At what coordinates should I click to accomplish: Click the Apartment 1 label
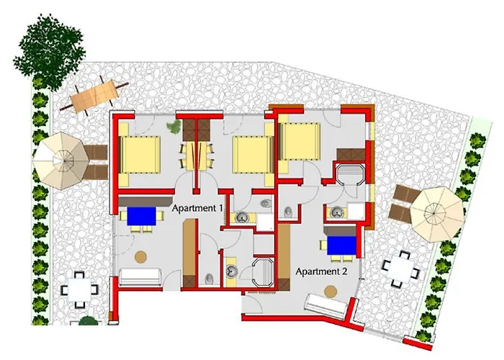(x=197, y=208)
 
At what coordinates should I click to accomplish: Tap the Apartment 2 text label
(x=321, y=271)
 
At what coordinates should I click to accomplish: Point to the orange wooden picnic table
(x=95, y=94)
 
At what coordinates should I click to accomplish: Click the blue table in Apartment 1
(x=141, y=216)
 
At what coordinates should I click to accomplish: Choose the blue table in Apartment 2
(x=342, y=246)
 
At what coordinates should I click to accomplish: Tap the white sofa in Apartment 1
(x=140, y=276)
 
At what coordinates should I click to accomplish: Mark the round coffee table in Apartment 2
(x=330, y=292)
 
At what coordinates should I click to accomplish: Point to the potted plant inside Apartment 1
(x=174, y=127)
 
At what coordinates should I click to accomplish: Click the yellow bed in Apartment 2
(x=300, y=142)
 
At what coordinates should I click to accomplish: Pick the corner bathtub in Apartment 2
(x=350, y=174)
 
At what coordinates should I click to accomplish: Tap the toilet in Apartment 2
(x=288, y=212)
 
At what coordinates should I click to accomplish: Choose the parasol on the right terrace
(x=438, y=214)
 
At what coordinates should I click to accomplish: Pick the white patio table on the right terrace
(x=401, y=269)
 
